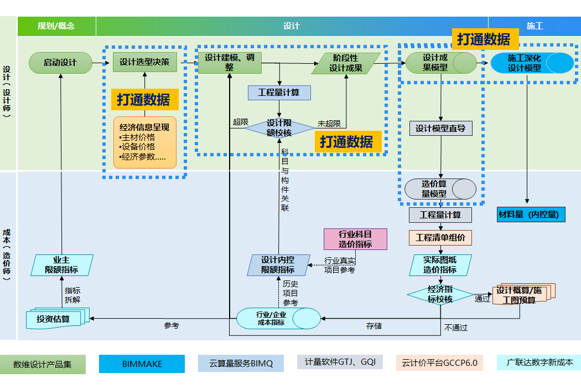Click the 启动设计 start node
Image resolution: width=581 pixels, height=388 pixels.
pyautogui.click(x=60, y=63)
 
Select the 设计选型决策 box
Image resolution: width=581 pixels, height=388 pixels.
pyautogui.click(x=144, y=62)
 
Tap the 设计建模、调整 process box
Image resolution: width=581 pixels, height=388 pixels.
pyautogui.click(x=230, y=63)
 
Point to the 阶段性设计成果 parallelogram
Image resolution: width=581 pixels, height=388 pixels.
pyautogui.click(x=346, y=63)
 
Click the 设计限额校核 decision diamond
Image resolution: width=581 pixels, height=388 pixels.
pyautogui.click(x=279, y=128)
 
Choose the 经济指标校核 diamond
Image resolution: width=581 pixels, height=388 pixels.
pyautogui.click(x=440, y=294)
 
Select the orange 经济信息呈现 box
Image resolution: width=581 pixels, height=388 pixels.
pyautogui.click(x=144, y=142)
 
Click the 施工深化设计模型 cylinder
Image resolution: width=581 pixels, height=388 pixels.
pyautogui.click(x=532, y=63)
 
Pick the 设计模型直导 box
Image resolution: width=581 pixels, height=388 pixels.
pyautogui.click(x=440, y=129)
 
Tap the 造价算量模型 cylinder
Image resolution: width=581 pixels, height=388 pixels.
pyautogui.click(x=440, y=189)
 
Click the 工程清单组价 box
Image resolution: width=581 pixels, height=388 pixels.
pyautogui.click(x=440, y=238)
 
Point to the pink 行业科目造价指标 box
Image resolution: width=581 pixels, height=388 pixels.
pyautogui.click(x=355, y=239)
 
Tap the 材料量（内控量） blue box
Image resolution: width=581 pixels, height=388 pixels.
pyautogui.click(x=531, y=214)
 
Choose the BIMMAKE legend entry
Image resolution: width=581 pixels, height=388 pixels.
pyautogui.click(x=142, y=364)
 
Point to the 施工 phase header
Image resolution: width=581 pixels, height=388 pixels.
pyautogui.click(x=535, y=26)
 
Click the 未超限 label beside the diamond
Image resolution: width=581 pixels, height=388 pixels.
pyautogui.click(x=329, y=124)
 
